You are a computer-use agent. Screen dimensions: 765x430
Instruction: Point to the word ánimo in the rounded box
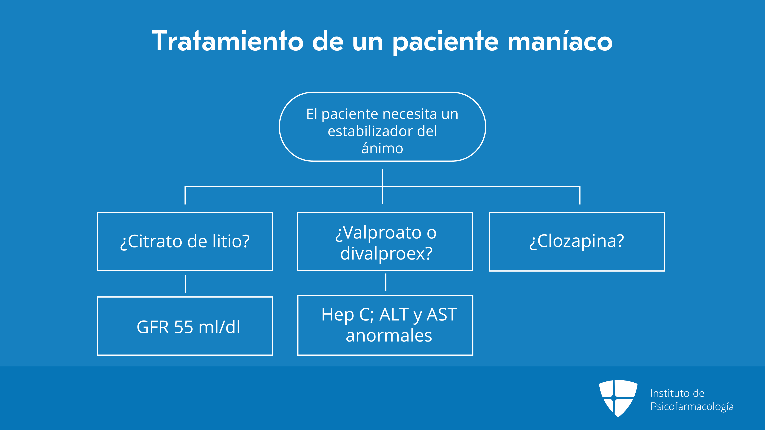[x=382, y=148]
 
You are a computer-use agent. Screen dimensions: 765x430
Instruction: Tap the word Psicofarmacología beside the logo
[x=692, y=406]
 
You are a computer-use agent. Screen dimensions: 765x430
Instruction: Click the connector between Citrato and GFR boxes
[x=185, y=284]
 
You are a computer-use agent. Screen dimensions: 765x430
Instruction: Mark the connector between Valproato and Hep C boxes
[x=386, y=282]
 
